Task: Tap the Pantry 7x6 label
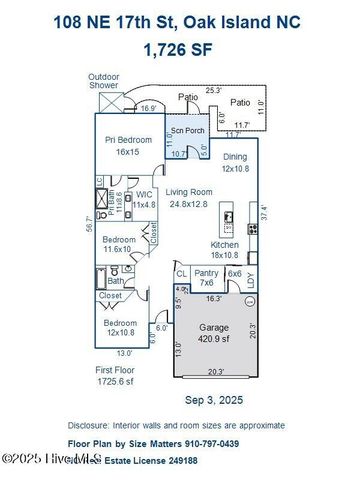[206, 275]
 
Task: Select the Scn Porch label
[187, 131]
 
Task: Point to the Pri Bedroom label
[129, 146]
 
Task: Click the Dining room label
[234, 161]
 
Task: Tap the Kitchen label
[223, 249]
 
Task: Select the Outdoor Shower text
[104, 81]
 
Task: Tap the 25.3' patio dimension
[211, 90]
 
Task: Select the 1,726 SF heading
[179, 48]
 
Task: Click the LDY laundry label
[251, 282]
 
